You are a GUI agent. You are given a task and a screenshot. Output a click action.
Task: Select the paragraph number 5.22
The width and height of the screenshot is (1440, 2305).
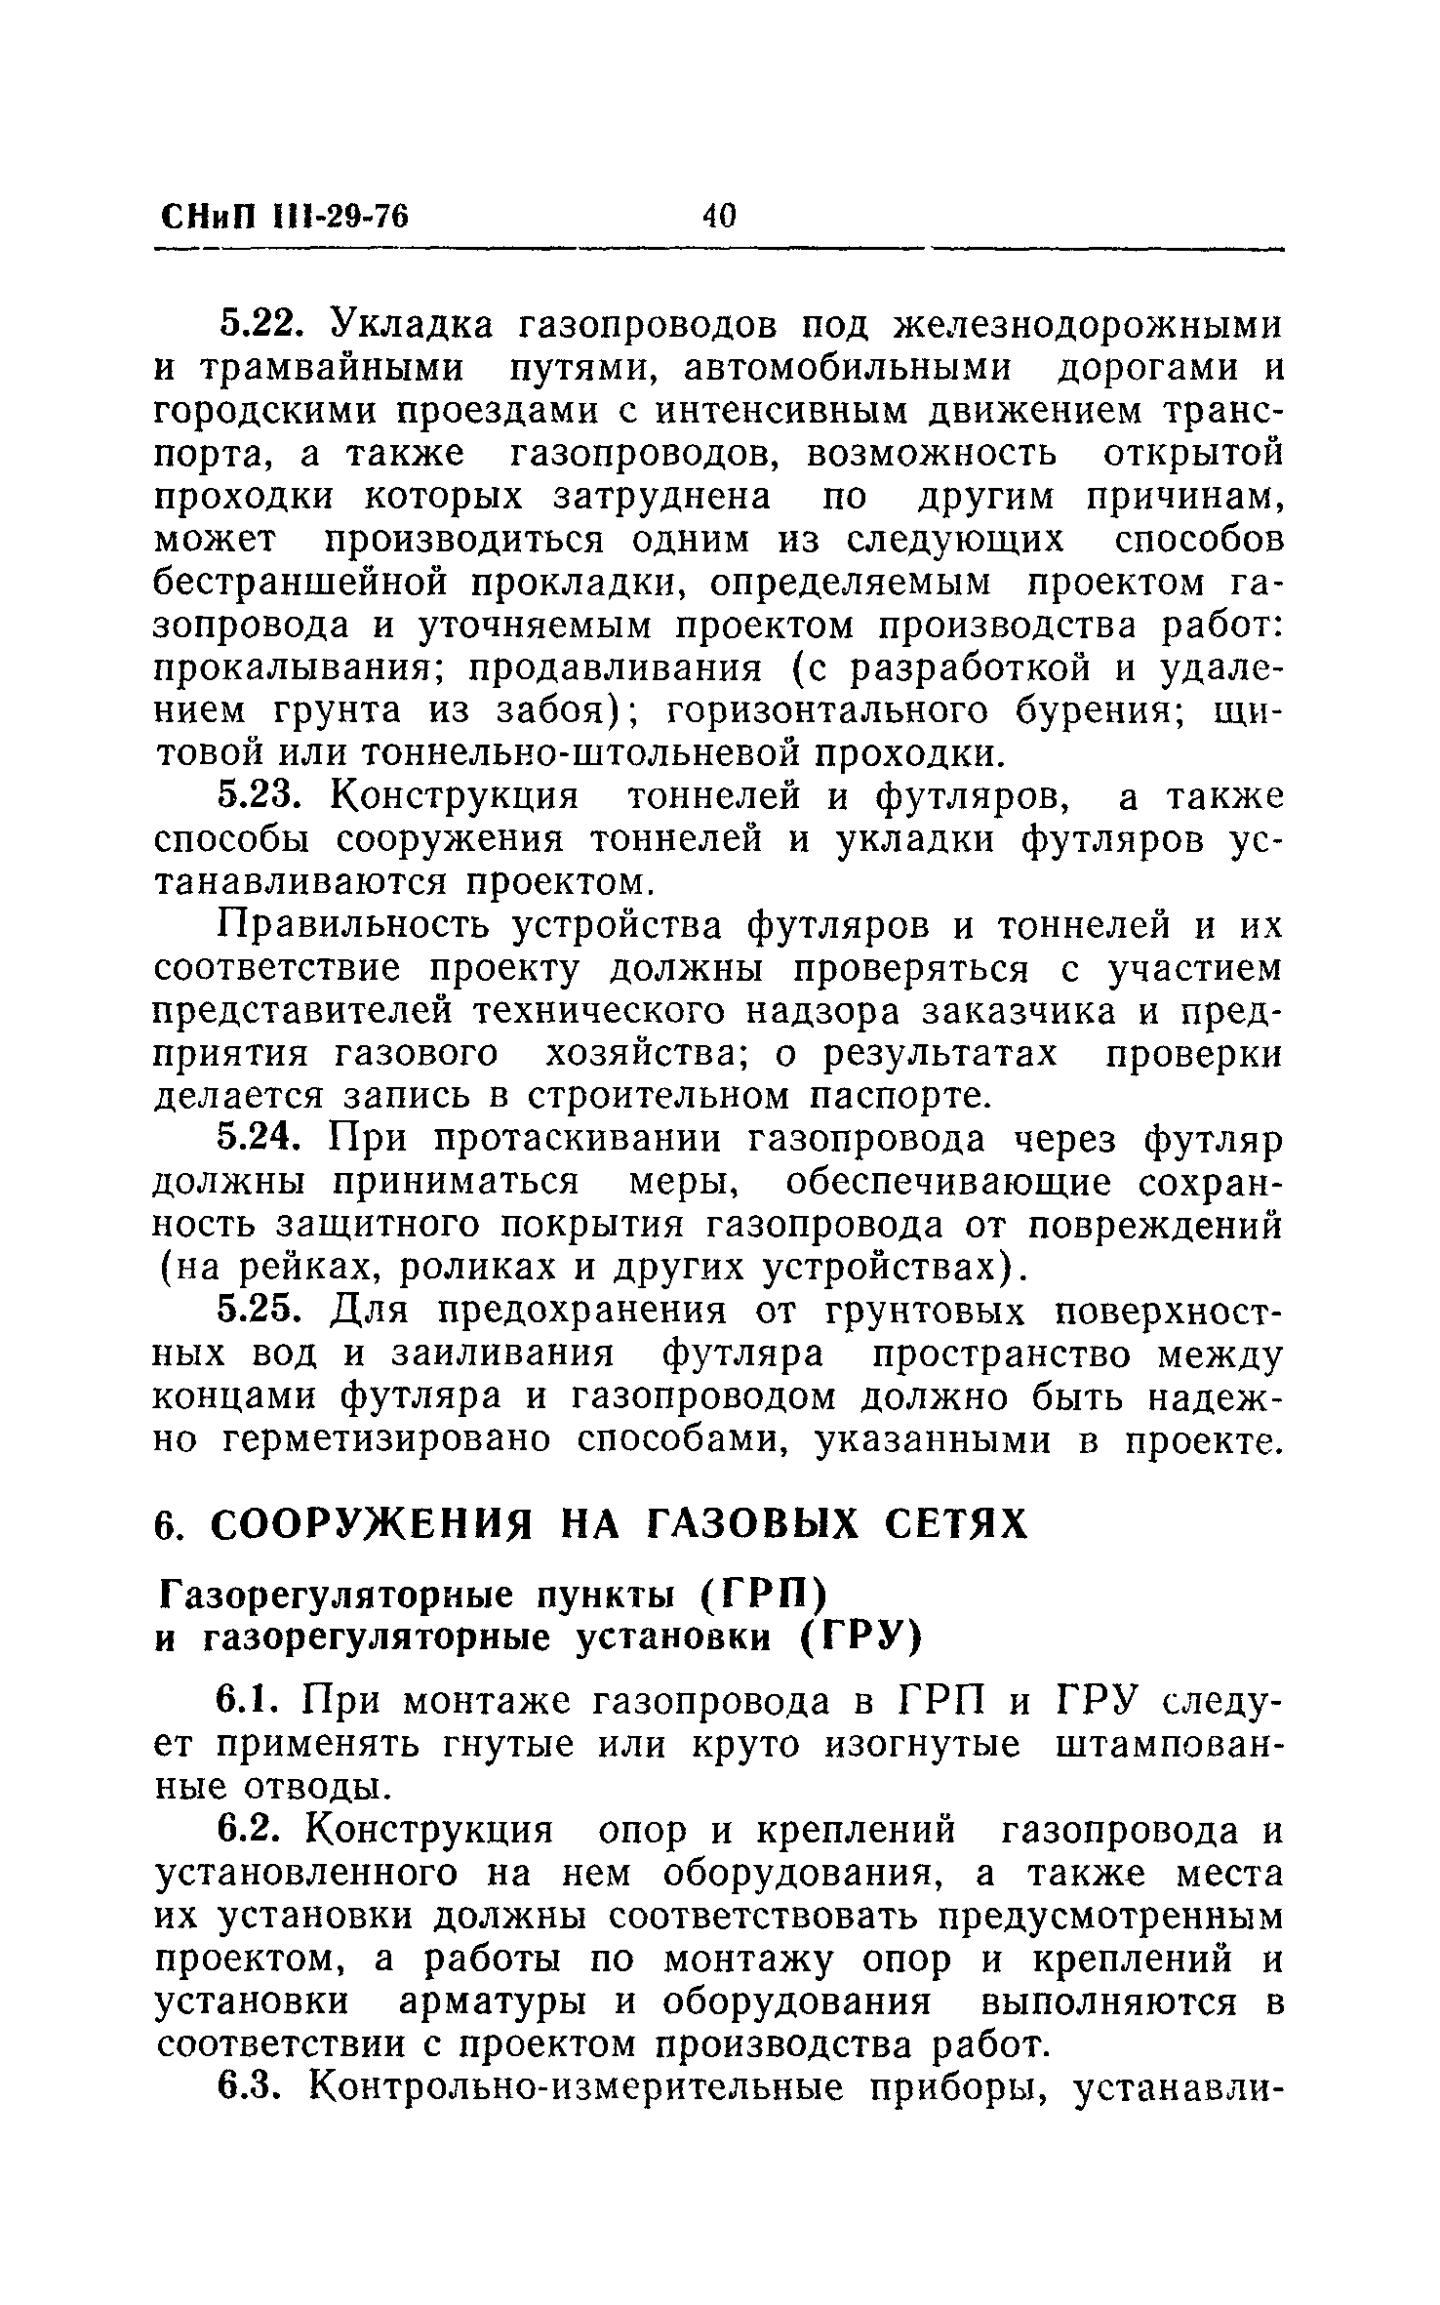click(260, 325)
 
